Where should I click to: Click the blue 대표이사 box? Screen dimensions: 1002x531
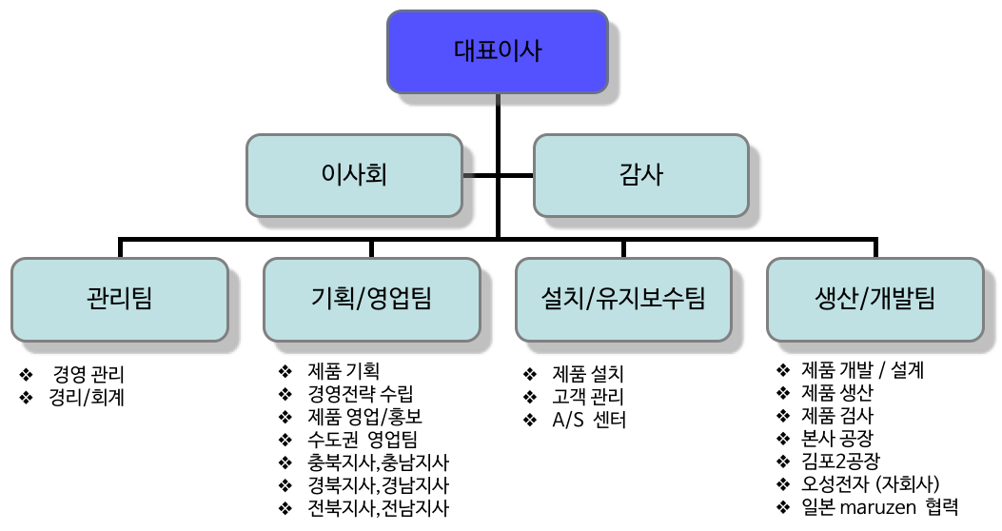[497, 51]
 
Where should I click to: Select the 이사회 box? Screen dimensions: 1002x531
[354, 175]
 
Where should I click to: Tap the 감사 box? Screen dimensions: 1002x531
[641, 175]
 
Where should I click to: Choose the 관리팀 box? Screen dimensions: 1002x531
[120, 299]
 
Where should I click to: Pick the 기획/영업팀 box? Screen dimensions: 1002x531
[372, 299]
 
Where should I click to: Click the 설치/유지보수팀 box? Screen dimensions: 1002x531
[623, 299]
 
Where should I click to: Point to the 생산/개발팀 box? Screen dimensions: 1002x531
[874, 299]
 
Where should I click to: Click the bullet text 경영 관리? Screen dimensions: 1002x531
[88, 374]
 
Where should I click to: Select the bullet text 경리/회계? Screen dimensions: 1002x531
[87, 398]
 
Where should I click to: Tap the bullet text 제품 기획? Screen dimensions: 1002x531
[344, 371]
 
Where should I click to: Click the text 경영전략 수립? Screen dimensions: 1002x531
[361, 394]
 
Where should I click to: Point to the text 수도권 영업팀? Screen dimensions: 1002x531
[363, 440]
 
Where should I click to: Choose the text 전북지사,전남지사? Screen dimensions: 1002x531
[379, 508]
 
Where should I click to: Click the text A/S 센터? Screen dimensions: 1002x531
[589, 420]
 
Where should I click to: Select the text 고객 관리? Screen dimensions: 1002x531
[588, 397]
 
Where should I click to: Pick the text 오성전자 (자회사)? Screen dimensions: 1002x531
[871, 483]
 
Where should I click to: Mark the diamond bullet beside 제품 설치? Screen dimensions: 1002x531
[530, 374]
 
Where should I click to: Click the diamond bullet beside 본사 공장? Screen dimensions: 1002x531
[783, 439]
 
